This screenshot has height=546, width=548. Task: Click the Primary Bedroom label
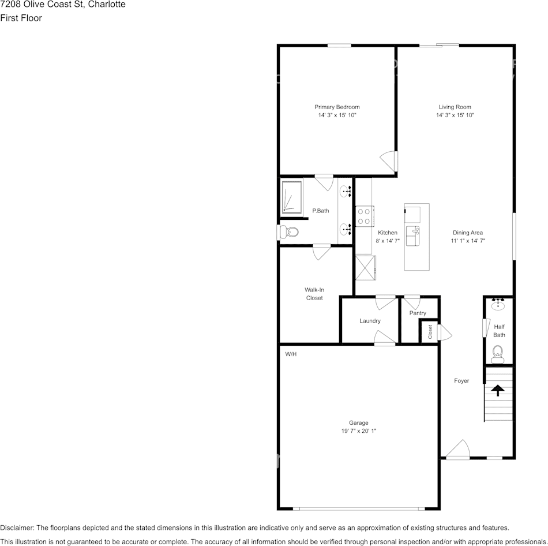click(337, 107)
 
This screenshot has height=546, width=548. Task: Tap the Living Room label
click(455, 107)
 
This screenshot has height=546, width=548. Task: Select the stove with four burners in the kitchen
click(364, 216)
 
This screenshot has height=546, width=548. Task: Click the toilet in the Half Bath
click(498, 353)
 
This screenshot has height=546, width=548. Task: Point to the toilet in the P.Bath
click(288, 232)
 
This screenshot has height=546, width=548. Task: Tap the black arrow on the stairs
click(497, 390)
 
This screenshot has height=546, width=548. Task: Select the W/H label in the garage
click(291, 354)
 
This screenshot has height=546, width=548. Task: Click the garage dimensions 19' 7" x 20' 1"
click(358, 431)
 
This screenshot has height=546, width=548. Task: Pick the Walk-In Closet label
click(314, 294)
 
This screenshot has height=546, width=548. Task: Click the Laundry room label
click(370, 321)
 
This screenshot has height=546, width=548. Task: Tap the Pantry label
click(418, 313)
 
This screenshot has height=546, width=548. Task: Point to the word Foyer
click(461, 381)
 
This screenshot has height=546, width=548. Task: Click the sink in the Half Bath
click(498, 305)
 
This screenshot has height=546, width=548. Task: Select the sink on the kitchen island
click(413, 235)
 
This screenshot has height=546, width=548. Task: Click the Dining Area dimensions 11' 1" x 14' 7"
click(468, 241)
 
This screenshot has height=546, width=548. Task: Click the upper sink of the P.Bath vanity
click(346, 192)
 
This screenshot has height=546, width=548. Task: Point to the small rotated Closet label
click(430, 332)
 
